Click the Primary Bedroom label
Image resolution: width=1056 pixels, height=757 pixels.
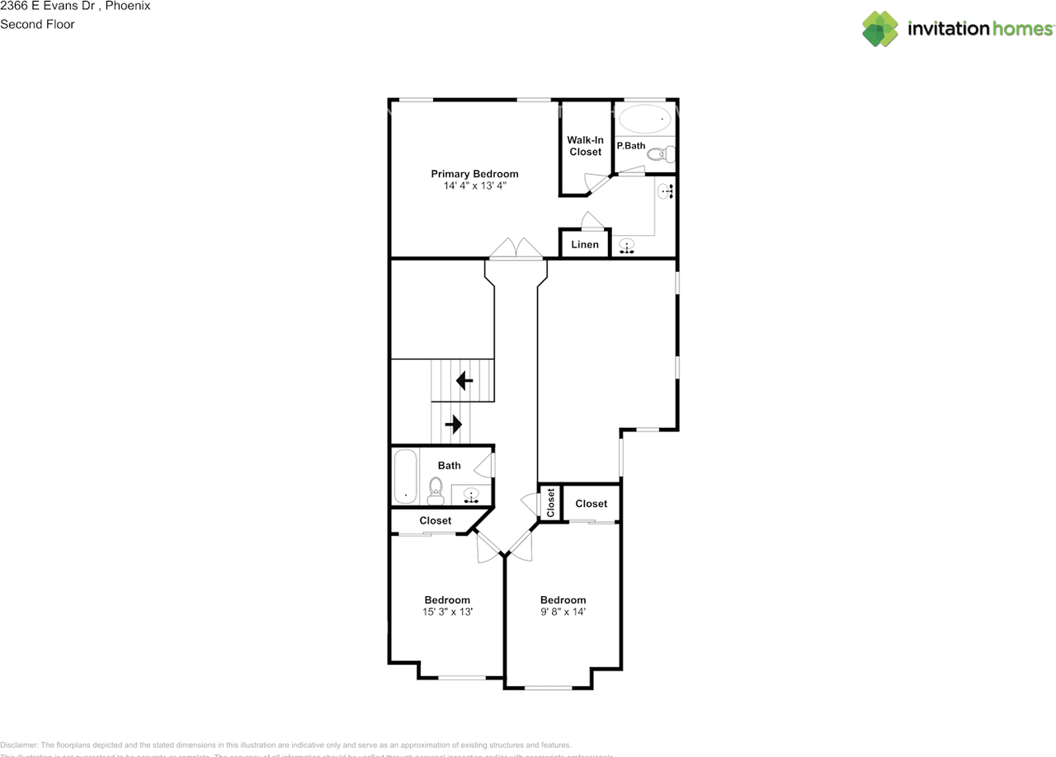click(x=474, y=174)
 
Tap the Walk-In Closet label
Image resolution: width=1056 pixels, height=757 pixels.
click(x=585, y=146)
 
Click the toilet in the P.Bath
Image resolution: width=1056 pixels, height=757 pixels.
click(x=661, y=153)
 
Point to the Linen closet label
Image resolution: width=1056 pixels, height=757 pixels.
click(x=585, y=245)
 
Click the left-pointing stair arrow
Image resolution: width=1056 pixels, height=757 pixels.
click(x=464, y=381)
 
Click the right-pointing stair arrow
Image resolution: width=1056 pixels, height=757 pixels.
click(x=453, y=424)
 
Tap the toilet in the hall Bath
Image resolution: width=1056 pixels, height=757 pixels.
click(x=436, y=491)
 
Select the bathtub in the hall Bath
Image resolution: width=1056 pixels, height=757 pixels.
click(x=404, y=476)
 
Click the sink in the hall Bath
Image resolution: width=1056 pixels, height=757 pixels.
click(x=471, y=495)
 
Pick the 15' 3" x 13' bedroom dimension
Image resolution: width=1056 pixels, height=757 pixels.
click(x=447, y=612)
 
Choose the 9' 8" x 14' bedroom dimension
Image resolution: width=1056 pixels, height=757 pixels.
click(x=563, y=612)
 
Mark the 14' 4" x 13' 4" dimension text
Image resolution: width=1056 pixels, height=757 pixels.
click(x=474, y=186)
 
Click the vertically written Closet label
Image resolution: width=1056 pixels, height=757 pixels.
click(x=550, y=503)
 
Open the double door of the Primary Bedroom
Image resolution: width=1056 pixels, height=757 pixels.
click(x=516, y=249)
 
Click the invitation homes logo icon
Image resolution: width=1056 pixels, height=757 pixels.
click(x=880, y=29)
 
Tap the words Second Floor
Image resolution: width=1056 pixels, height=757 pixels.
click(x=37, y=24)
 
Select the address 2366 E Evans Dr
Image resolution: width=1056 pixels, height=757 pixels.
click(x=50, y=6)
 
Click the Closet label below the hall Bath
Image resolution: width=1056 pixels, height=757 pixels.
click(x=435, y=521)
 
